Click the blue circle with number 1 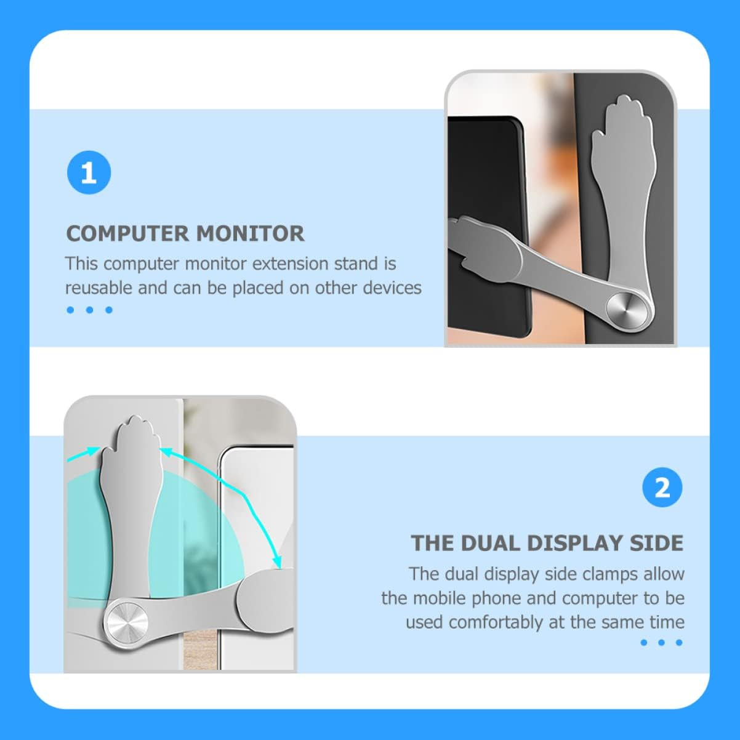click(x=89, y=173)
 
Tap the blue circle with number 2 click(x=662, y=488)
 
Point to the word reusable click(x=99, y=288)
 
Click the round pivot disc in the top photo click(x=624, y=307)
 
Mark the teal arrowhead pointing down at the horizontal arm click(x=279, y=561)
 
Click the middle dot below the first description click(x=89, y=310)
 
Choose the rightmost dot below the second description click(x=679, y=642)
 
